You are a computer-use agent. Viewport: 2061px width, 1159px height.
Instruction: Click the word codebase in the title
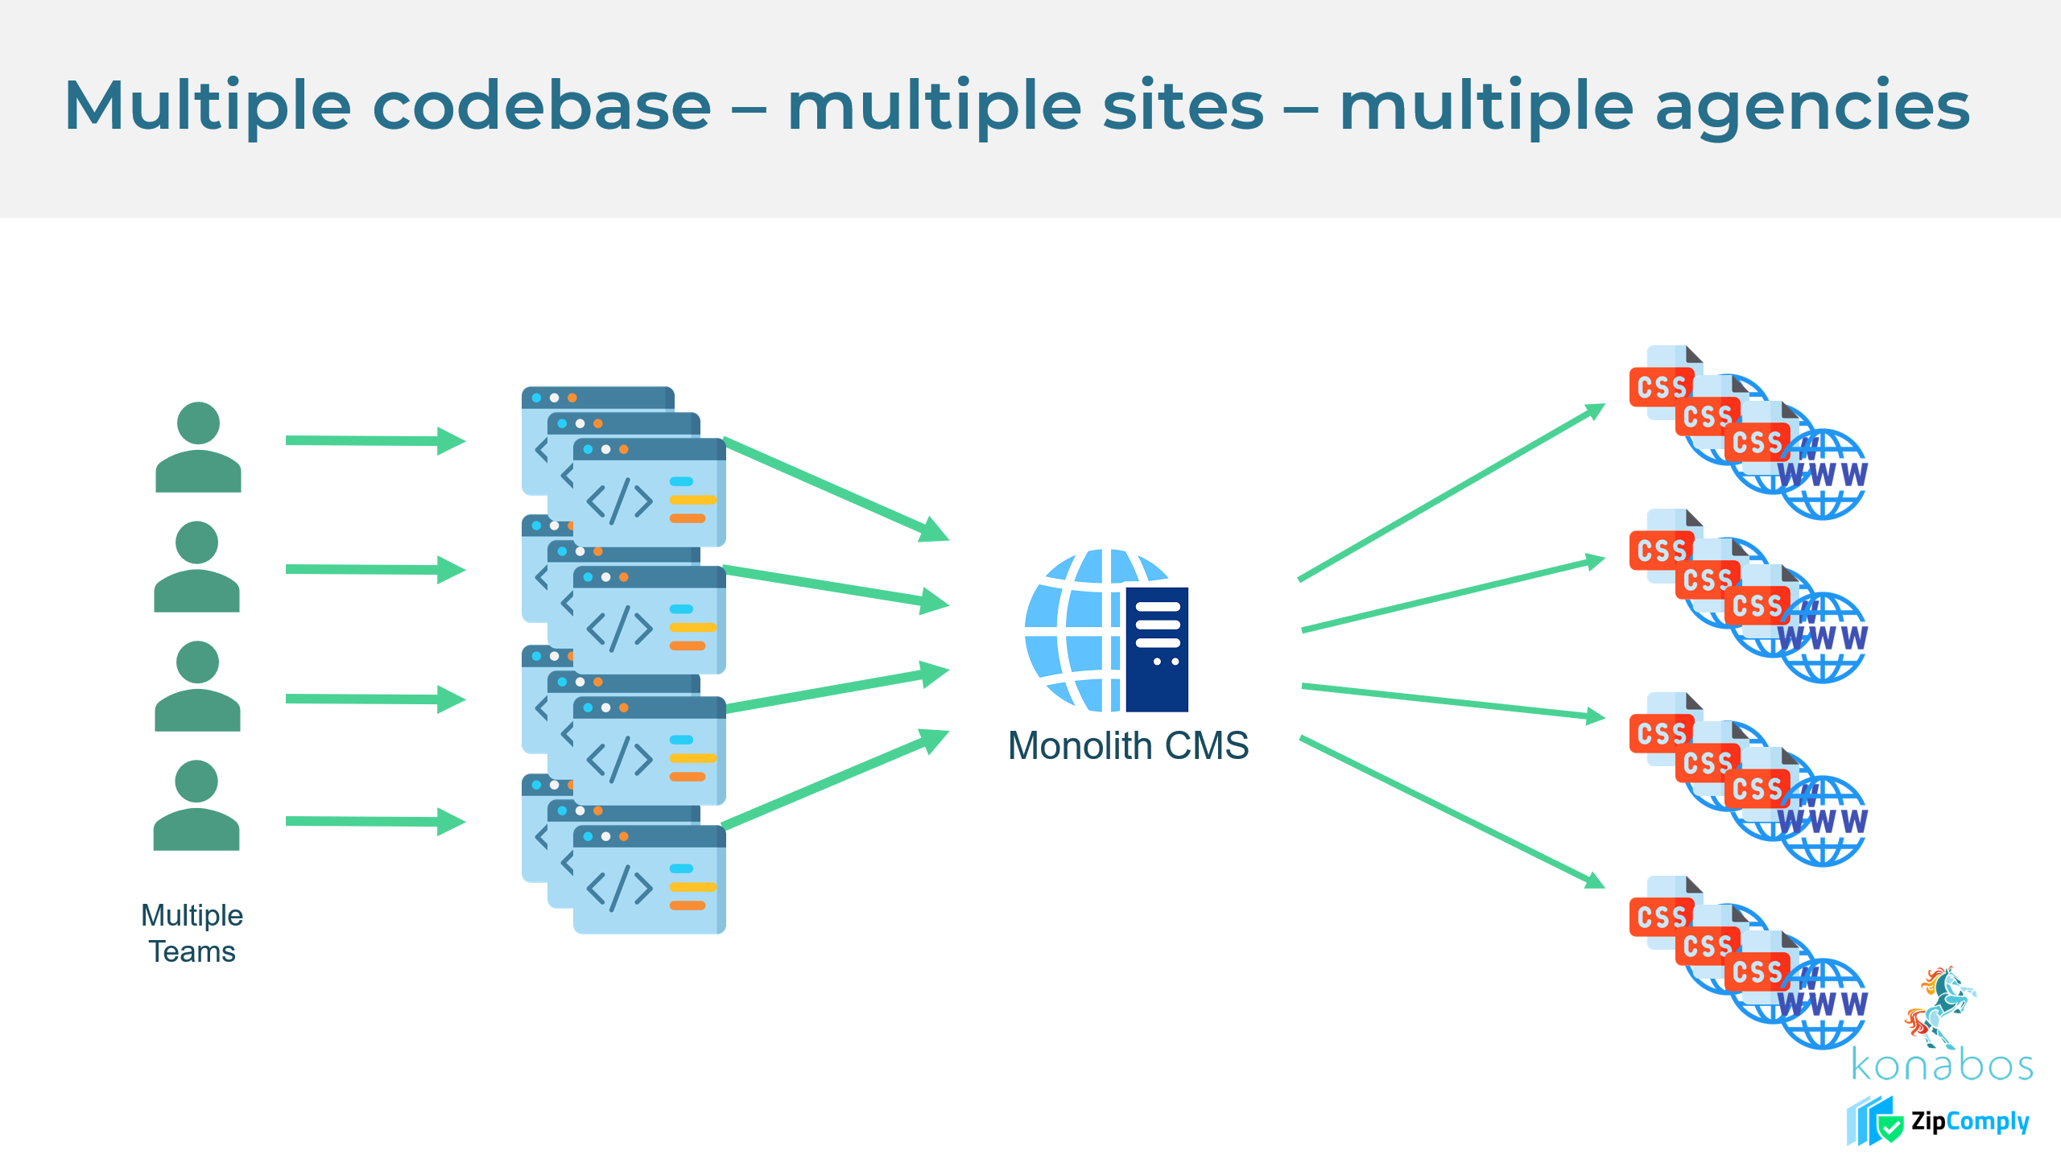tap(541, 106)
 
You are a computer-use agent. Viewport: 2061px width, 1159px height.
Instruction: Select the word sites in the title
tap(1183, 106)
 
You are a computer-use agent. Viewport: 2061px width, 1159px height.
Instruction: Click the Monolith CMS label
tap(1128, 745)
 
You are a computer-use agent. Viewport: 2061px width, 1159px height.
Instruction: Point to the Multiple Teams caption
tap(192, 934)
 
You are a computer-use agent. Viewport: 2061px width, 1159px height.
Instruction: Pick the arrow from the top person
tap(375, 440)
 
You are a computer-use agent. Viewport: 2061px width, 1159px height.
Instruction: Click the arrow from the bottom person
tap(375, 821)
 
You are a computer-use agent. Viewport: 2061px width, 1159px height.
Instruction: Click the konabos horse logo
tap(1940, 1006)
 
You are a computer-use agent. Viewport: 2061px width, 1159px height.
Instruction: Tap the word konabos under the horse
tap(1942, 1066)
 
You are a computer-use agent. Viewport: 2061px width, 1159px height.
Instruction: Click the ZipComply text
tap(1969, 1122)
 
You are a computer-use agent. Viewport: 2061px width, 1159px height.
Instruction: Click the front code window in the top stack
tap(649, 493)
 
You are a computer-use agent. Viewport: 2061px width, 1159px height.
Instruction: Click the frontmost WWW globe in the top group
tap(1824, 475)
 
